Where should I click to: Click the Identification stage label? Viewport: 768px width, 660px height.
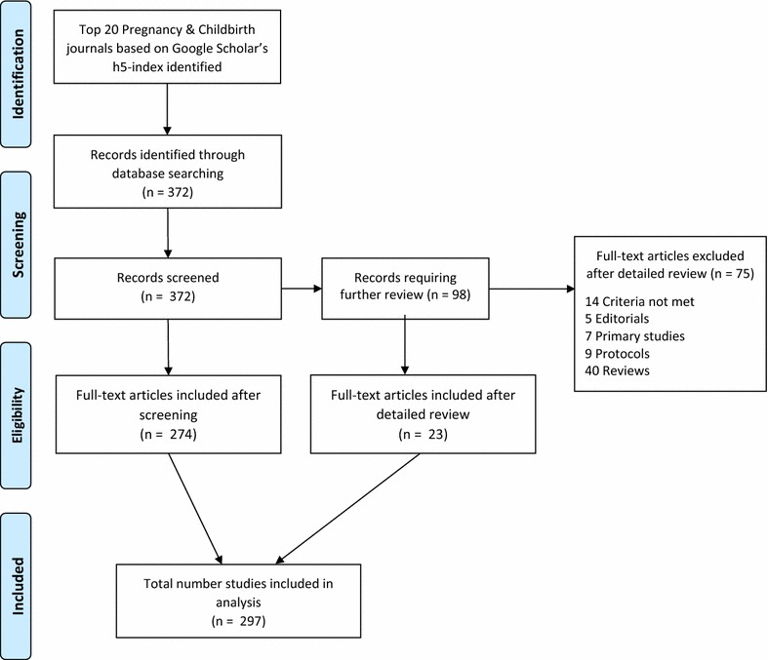click(x=18, y=74)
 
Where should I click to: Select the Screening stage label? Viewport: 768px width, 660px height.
click(x=18, y=245)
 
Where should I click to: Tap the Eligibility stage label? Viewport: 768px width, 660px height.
click(x=18, y=415)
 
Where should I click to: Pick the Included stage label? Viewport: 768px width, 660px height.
click(x=18, y=586)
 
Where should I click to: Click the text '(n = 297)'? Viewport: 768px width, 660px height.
click(x=238, y=621)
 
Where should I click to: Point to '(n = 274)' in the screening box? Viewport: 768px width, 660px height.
click(x=168, y=434)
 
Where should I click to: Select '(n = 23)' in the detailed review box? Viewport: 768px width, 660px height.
click(x=423, y=434)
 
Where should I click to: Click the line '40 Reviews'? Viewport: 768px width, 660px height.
click(x=617, y=370)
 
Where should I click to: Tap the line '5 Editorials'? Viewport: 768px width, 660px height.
click(x=617, y=319)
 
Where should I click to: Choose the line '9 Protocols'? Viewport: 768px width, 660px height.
click(x=617, y=353)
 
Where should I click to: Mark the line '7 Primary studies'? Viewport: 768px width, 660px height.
click(x=634, y=335)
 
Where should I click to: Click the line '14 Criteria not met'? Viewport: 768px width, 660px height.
click(x=639, y=301)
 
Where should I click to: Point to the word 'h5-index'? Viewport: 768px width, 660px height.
click(x=137, y=66)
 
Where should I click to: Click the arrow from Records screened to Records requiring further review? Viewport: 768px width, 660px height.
click(x=302, y=289)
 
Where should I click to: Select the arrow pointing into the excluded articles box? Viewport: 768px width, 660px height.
click(x=532, y=289)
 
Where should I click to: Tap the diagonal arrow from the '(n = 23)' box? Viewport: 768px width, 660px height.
click(x=347, y=509)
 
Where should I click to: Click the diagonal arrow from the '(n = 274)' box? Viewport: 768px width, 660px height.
click(x=195, y=509)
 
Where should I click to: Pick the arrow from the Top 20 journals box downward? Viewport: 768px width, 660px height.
click(x=167, y=109)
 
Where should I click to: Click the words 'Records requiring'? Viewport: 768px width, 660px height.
click(x=405, y=278)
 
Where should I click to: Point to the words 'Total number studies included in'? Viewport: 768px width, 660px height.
click(x=238, y=583)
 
